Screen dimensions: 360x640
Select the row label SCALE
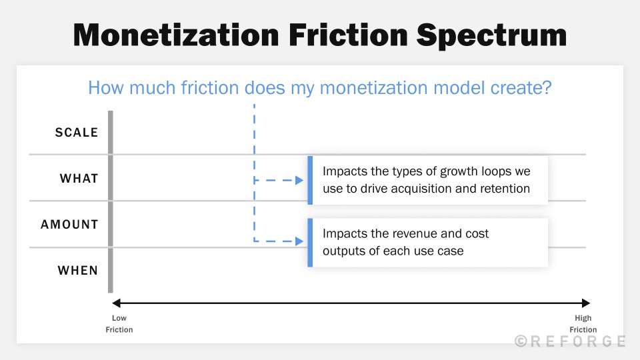point(77,133)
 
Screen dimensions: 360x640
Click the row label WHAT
point(79,179)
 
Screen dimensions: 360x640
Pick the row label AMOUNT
point(69,225)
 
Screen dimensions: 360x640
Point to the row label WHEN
point(78,271)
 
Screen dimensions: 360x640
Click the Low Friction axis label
point(119,324)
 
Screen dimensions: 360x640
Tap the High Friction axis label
point(583,324)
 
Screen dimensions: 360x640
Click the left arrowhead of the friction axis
point(115,303)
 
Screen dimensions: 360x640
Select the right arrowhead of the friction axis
point(586,303)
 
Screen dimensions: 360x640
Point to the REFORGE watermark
point(570,341)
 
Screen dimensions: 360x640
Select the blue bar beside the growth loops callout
point(310,180)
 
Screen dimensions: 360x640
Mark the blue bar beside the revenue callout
point(310,243)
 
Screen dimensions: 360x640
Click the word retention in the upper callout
point(504,189)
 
